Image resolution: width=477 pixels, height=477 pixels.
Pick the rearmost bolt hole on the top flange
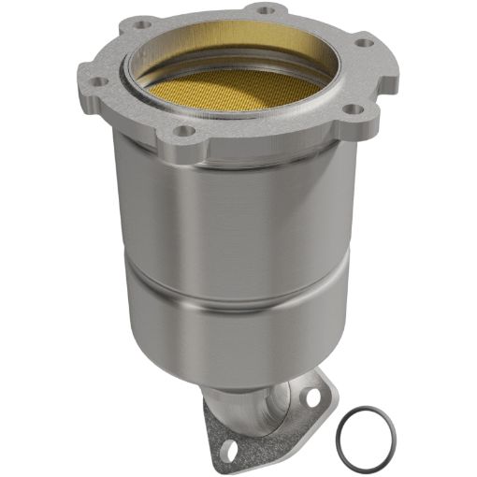pyautogui.click(x=265, y=10)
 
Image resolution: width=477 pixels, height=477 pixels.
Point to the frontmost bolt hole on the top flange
pyautogui.click(x=184, y=131)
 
